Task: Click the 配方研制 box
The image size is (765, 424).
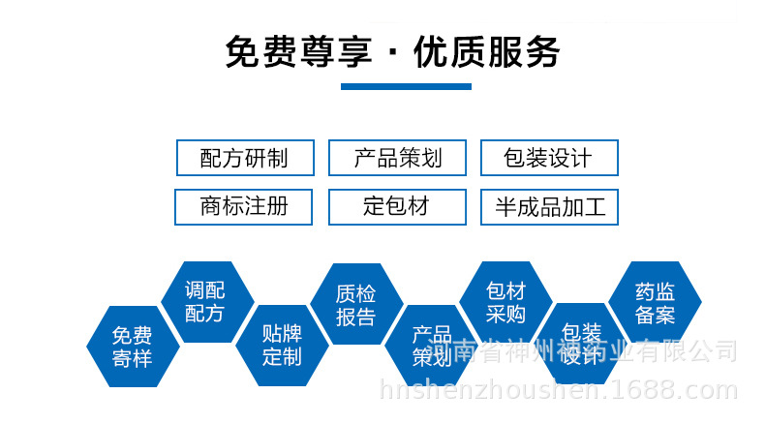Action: (244, 158)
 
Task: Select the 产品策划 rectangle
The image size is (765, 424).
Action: (397, 158)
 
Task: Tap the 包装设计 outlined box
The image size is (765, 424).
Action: (549, 158)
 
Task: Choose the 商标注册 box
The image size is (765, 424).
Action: (244, 206)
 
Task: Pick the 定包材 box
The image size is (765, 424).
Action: (397, 206)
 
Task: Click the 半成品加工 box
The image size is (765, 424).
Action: (549, 206)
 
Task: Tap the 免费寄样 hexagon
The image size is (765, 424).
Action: (132, 347)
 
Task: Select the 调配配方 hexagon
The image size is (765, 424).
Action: (204, 301)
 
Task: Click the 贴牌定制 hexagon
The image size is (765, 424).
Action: (282, 345)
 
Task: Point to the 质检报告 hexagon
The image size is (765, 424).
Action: (355, 304)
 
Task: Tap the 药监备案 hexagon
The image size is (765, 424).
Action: (655, 301)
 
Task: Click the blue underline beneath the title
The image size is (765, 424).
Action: (406, 87)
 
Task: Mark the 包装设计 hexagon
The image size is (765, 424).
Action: (580, 345)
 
